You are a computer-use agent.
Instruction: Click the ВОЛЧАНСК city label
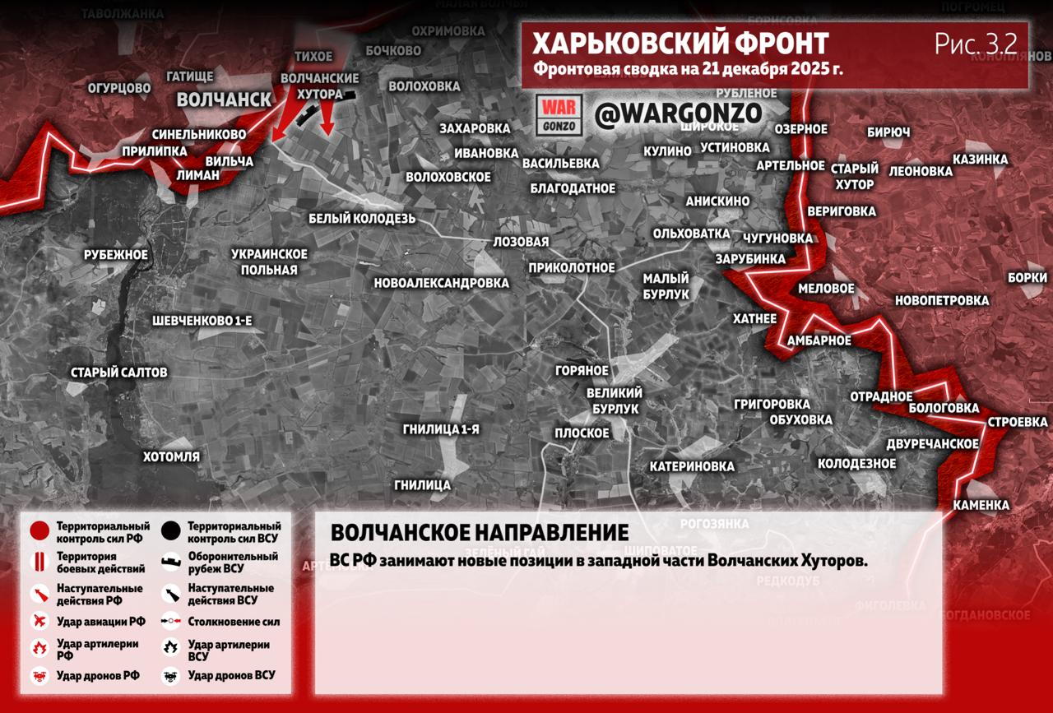(224, 100)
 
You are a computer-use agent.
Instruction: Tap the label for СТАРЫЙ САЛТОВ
(118, 373)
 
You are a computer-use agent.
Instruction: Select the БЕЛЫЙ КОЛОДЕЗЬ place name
(362, 219)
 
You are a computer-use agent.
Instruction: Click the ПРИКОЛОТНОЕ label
(572, 267)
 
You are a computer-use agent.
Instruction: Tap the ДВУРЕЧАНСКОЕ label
(932, 444)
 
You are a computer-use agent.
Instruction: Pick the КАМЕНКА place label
(981, 505)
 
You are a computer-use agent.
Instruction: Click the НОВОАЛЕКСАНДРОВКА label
(441, 283)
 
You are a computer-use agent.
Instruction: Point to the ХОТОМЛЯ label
(171, 456)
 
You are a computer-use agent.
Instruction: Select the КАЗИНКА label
(980, 159)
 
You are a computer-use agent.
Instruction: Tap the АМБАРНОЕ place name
(819, 340)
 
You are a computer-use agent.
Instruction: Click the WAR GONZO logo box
(559, 115)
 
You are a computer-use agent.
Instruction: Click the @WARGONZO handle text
(678, 114)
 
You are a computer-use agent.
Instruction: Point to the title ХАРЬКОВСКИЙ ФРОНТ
(680, 44)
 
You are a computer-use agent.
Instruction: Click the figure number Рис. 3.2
(976, 44)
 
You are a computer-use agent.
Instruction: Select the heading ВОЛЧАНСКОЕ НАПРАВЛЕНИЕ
(479, 532)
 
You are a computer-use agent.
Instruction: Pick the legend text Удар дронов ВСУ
(231, 675)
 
